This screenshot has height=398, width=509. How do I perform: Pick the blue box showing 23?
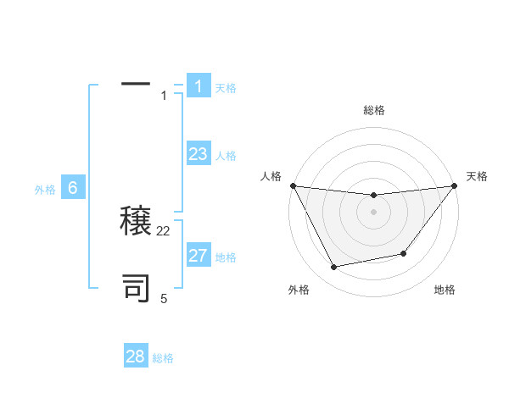click(199, 154)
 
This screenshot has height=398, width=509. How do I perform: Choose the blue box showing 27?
click(199, 256)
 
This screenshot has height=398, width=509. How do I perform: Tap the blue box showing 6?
click(73, 188)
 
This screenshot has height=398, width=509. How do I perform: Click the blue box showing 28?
click(136, 357)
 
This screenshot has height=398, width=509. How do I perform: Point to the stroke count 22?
click(164, 230)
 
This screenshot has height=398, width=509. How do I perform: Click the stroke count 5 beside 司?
click(164, 298)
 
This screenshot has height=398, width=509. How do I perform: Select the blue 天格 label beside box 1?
click(226, 87)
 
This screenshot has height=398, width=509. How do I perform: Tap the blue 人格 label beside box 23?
click(226, 156)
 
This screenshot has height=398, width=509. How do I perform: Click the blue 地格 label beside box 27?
click(226, 257)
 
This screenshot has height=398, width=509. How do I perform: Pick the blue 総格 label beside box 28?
click(163, 358)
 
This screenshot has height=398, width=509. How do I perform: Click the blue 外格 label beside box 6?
click(45, 190)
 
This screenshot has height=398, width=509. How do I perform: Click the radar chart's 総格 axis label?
click(373, 110)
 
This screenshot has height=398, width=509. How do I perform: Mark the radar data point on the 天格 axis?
click(454, 185)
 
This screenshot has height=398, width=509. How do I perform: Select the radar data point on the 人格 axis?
click(293, 185)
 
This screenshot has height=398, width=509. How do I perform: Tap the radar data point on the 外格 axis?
click(334, 268)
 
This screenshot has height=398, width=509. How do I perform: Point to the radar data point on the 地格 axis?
click(404, 253)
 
